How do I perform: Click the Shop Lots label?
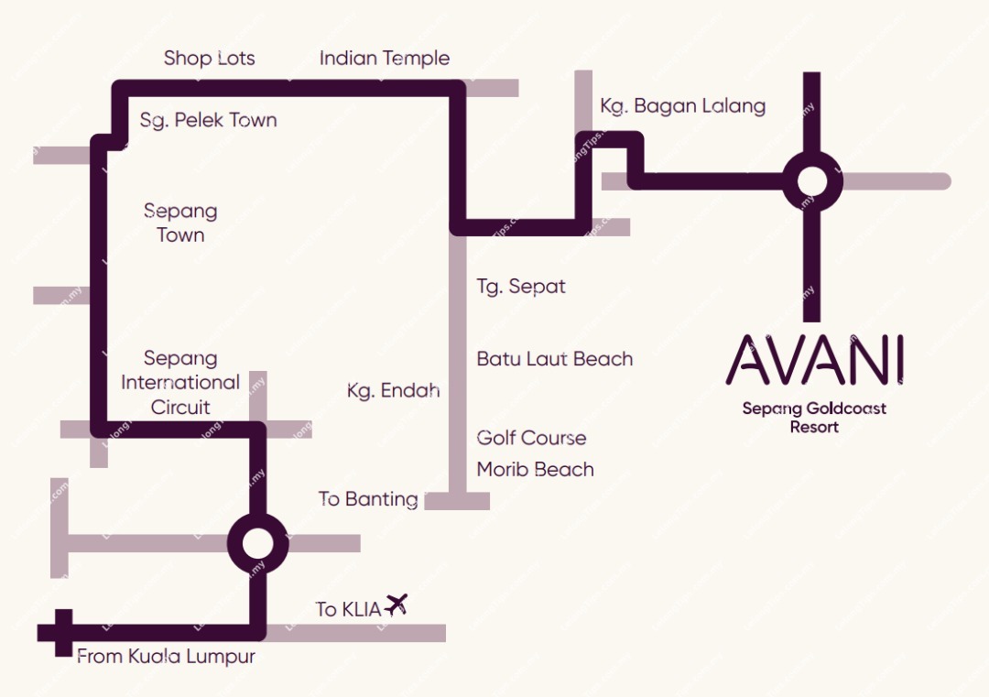tap(209, 59)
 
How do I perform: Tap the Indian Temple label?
tap(385, 59)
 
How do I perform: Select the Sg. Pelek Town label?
tap(208, 120)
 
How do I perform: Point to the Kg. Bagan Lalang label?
tap(682, 106)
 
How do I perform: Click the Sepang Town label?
tap(180, 223)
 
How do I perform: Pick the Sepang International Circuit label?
tap(180, 383)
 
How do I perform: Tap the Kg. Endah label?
tap(393, 391)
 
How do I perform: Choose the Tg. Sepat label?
tap(521, 287)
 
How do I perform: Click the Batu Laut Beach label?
tap(555, 359)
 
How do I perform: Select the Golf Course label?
tap(531, 438)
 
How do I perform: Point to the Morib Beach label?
tap(535, 470)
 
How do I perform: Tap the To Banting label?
tap(368, 499)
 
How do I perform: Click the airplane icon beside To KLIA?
tap(396, 604)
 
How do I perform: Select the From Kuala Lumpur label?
tap(166, 657)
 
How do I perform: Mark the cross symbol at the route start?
tap(62, 632)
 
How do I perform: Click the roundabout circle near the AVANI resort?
tap(811, 181)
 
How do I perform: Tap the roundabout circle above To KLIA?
tap(257, 543)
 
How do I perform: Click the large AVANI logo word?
tap(814, 360)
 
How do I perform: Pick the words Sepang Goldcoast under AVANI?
tap(814, 408)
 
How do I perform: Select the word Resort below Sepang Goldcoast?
tap(814, 427)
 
